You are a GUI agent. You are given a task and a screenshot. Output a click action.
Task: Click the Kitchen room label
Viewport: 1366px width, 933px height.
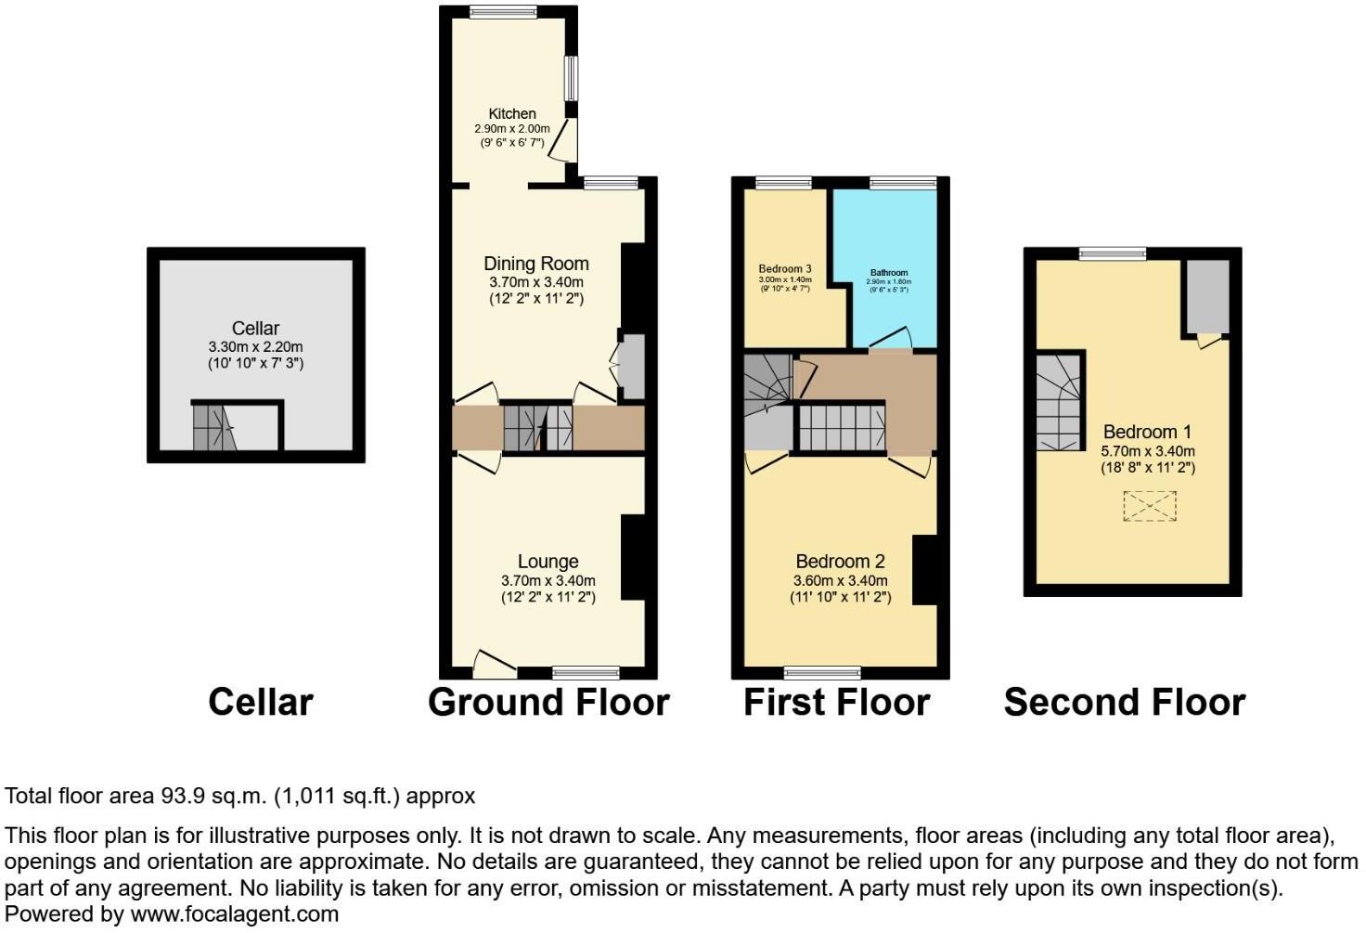coord(512,113)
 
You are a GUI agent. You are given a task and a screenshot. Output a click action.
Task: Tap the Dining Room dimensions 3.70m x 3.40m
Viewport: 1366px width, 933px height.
coord(536,282)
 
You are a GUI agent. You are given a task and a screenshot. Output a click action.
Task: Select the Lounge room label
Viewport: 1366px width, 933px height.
coord(548,562)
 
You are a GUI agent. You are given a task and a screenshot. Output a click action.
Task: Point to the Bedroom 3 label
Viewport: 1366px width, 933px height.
coord(785,269)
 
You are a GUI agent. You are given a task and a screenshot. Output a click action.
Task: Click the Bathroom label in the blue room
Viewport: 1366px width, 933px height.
coord(888,273)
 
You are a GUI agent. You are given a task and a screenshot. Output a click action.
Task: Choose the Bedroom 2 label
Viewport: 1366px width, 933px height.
coord(840,562)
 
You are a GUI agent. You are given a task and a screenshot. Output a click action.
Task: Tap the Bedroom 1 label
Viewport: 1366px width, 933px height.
coord(1147,432)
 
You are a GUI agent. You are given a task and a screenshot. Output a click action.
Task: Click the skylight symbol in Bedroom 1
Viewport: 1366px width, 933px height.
coord(1149,507)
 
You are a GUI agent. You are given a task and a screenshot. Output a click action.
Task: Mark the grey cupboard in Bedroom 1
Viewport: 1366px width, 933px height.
coord(1206,296)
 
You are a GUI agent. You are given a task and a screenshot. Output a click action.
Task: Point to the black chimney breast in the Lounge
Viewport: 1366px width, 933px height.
coord(633,557)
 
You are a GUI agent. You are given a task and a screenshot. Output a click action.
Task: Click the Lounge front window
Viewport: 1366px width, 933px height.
coord(586,672)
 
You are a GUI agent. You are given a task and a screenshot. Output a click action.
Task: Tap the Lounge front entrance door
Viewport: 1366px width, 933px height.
coord(494,664)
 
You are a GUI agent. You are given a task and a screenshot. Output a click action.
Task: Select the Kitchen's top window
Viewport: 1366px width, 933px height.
coord(503,12)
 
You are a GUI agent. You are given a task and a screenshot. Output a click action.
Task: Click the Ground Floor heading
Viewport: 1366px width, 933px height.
coord(548,703)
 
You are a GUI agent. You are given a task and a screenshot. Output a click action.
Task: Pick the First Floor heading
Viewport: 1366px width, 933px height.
coord(836,703)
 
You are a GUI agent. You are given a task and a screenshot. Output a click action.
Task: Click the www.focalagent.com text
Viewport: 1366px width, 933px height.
coord(235,914)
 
